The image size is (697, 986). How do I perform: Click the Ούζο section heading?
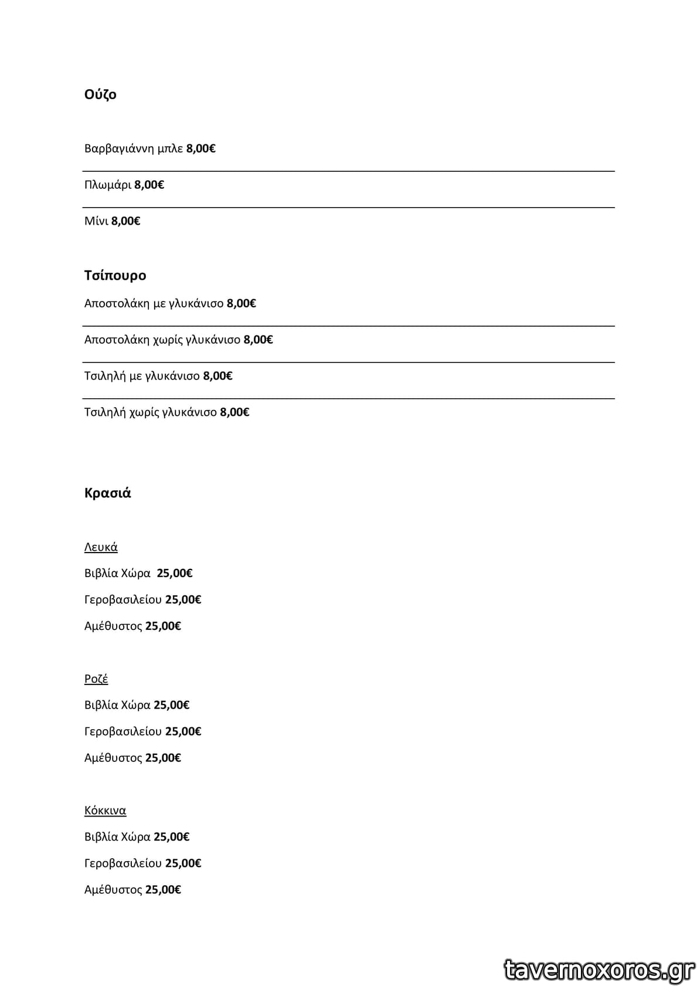point(100,94)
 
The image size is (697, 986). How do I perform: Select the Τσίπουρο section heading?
point(115,275)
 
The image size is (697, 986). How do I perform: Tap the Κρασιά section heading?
point(107,493)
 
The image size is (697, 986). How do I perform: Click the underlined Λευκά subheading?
point(101,547)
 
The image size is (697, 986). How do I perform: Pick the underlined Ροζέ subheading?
point(96,679)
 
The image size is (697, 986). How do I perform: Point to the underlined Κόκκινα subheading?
point(105,811)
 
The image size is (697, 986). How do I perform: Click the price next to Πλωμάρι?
point(149,185)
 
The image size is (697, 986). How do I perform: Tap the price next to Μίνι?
point(125,221)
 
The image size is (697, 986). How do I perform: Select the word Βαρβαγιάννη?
point(119,148)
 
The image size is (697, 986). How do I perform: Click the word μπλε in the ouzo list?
point(170,148)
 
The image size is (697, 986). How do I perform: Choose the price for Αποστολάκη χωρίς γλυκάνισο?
point(258,340)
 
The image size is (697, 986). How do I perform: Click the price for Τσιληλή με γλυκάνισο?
point(217,376)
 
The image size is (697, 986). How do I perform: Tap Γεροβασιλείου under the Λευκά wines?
point(123,599)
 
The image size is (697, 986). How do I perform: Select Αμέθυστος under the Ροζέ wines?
point(113,758)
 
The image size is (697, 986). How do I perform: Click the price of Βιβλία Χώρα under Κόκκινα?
point(171,837)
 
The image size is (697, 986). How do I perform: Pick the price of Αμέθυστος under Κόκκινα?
point(163,890)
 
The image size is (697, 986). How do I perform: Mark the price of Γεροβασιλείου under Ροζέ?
point(183,731)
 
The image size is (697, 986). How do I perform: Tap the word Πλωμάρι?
point(108,185)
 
